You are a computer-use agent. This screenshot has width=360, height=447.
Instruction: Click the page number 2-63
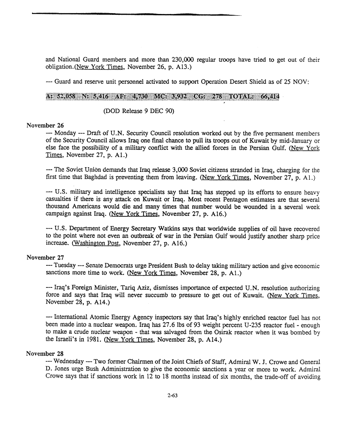172,395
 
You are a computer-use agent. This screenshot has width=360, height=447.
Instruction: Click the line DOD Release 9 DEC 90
139,112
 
